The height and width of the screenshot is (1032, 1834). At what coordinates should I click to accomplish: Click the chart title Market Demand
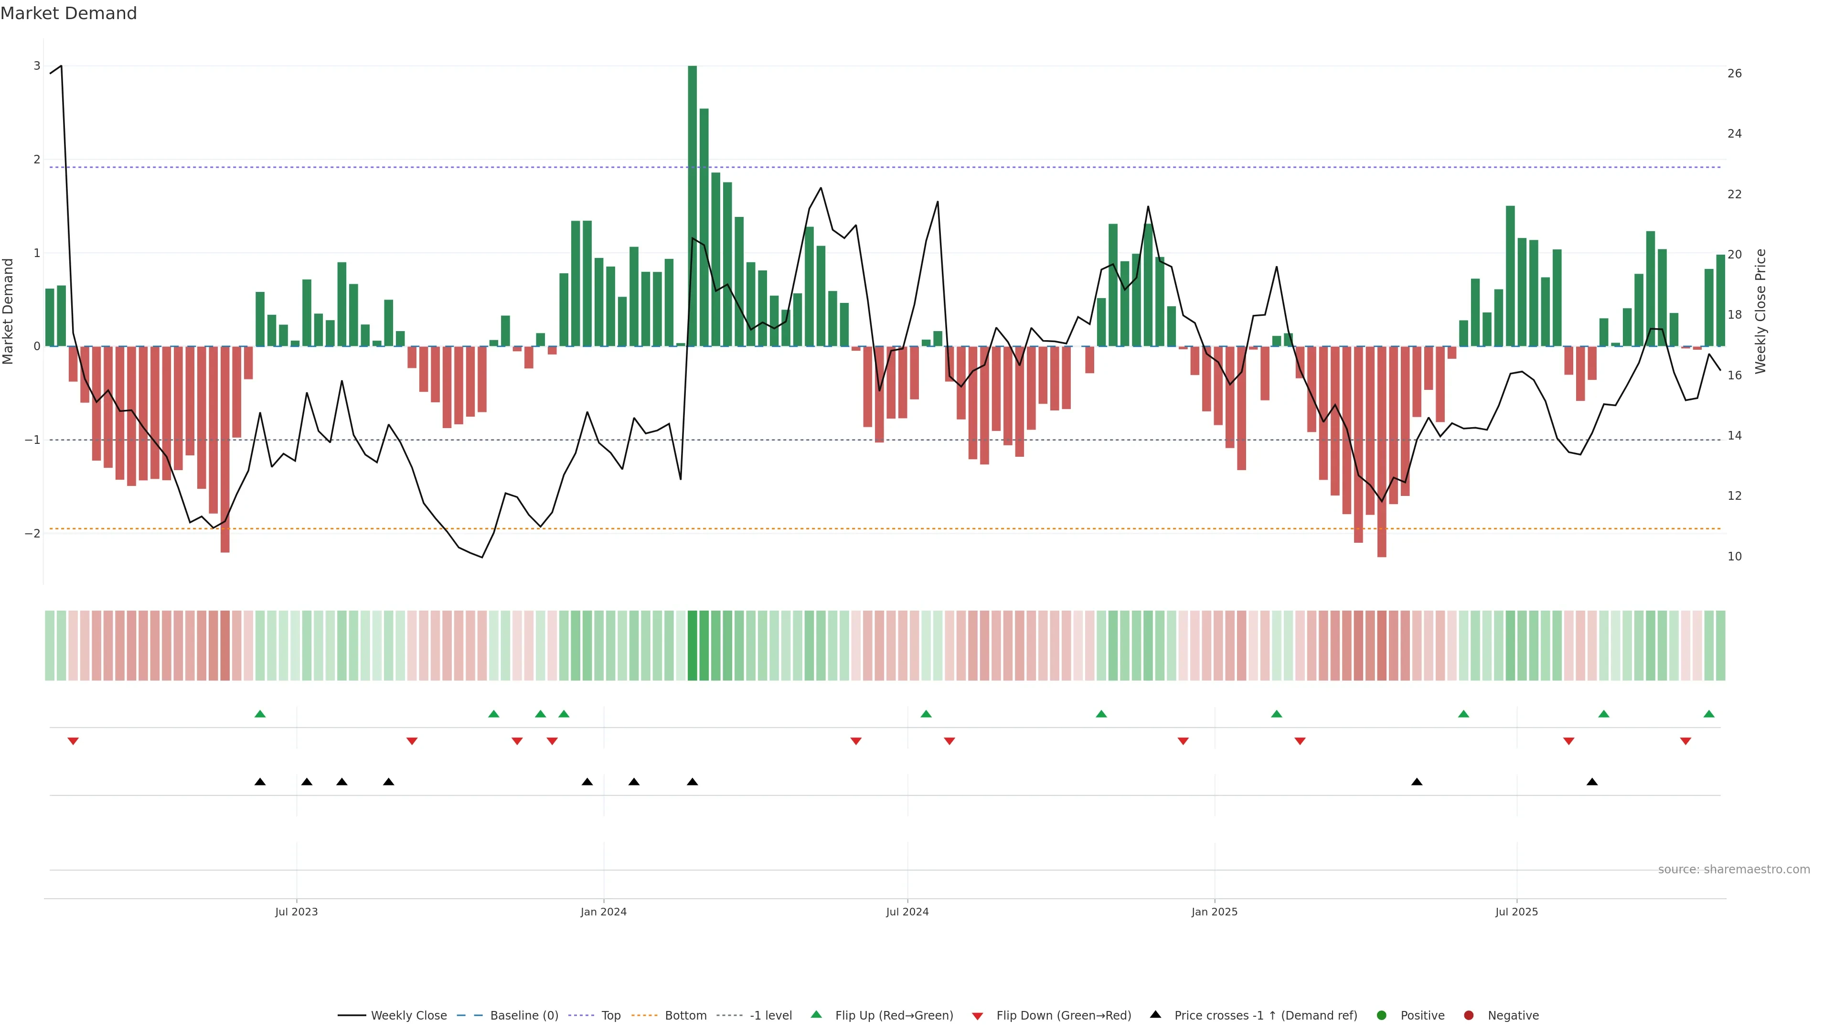tap(68, 13)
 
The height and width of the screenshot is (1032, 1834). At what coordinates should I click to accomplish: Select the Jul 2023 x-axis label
tap(296, 912)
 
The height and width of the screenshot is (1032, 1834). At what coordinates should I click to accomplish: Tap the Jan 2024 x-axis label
tap(603, 912)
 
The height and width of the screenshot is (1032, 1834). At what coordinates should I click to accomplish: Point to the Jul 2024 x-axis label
tap(907, 912)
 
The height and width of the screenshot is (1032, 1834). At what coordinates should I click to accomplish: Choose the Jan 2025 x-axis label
tap(1214, 912)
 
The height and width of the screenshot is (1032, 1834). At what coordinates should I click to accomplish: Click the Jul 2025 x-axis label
tap(1516, 912)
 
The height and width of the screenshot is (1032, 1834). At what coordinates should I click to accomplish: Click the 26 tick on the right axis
tap(1734, 74)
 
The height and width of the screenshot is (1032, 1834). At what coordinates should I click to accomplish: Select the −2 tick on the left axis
tap(32, 534)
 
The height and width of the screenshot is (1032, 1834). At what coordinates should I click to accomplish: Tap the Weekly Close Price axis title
tap(1760, 311)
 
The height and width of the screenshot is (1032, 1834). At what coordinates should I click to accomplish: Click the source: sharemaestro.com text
tap(1734, 870)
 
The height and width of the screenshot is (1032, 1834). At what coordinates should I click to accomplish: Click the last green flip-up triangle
tap(1709, 714)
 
